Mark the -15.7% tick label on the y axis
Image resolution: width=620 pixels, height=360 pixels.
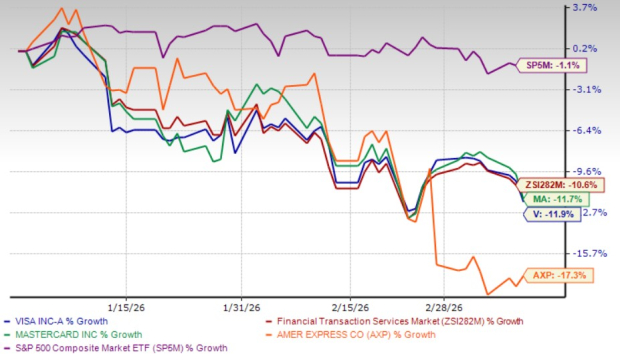tap(585, 254)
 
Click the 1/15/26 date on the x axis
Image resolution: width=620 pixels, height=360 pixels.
tap(128, 307)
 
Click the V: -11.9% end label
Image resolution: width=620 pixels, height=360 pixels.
tap(545, 214)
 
